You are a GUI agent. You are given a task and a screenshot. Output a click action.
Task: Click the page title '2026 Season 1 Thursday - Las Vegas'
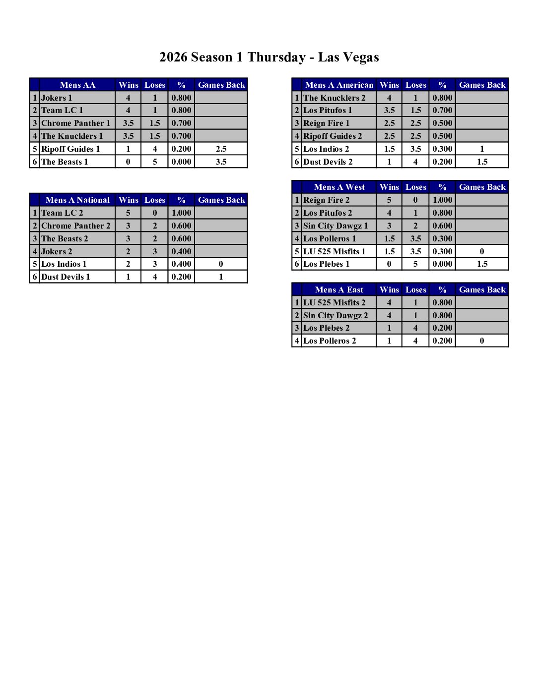pyautogui.click(x=269, y=58)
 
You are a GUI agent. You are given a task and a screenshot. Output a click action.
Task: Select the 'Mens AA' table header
pyautogui.click(x=77, y=85)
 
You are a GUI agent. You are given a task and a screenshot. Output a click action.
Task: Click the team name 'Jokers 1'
pyautogui.click(x=57, y=98)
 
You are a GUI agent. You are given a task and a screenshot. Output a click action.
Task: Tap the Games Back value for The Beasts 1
pyautogui.click(x=221, y=162)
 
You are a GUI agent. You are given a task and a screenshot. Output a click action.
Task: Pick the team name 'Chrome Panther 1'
pyautogui.click(x=75, y=123)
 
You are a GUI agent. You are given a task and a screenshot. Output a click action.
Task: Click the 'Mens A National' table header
pyautogui.click(x=77, y=200)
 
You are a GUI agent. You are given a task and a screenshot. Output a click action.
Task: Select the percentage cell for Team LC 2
pyautogui.click(x=181, y=213)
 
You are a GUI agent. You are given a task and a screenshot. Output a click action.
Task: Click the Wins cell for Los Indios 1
pyautogui.click(x=128, y=264)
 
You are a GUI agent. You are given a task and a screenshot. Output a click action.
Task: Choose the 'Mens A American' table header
pyautogui.click(x=339, y=85)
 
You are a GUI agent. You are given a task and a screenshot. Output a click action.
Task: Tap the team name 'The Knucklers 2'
pyautogui.click(x=334, y=98)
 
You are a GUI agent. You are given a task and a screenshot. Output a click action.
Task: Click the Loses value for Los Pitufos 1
pyautogui.click(x=415, y=111)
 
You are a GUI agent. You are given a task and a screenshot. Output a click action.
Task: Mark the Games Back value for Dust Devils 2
pyautogui.click(x=482, y=162)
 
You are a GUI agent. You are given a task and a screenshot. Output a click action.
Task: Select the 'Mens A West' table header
pyautogui.click(x=339, y=187)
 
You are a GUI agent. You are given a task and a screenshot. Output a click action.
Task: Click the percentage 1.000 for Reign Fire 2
pyautogui.click(x=442, y=200)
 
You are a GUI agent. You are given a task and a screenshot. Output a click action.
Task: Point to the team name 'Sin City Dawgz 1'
pyautogui.click(x=336, y=226)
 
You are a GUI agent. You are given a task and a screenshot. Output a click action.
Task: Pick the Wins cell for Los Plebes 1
pyautogui.click(x=389, y=264)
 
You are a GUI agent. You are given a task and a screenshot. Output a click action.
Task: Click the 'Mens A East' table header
pyautogui.click(x=339, y=290)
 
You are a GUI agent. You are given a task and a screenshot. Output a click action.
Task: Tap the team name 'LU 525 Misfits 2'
pyautogui.click(x=334, y=303)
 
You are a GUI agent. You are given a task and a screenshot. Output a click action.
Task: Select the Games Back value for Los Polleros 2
pyautogui.click(x=482, y=341)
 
